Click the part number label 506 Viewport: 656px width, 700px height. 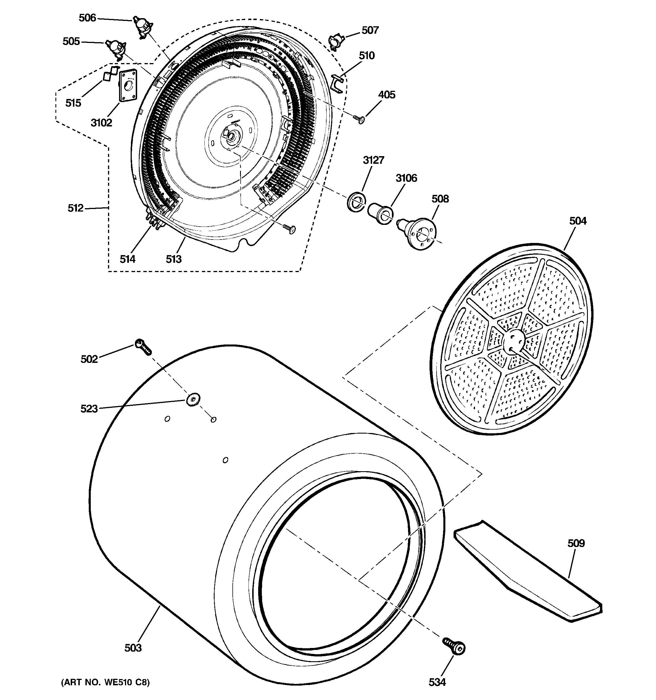(x=87, y=18)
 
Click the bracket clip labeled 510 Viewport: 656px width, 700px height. (x=337, y=84)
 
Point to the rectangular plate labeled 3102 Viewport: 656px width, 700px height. (x=127, y=86)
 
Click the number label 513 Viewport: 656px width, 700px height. (x=174, y=259)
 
